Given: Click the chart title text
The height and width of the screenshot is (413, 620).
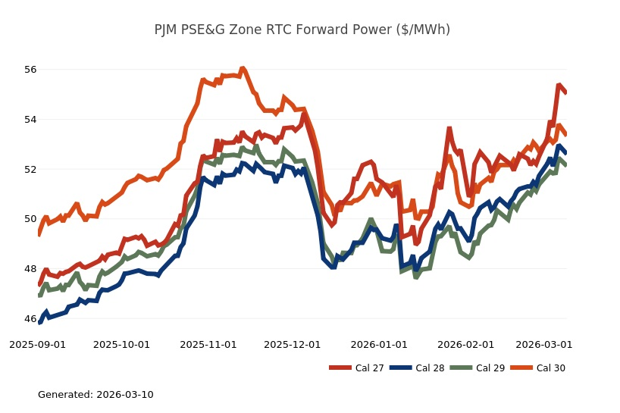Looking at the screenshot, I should click(x=302, y=30).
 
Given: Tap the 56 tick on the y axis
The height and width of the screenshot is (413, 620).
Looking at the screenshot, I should click(x=30, y=70).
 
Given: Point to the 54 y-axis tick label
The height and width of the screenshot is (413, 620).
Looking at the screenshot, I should click(x=30, y=120).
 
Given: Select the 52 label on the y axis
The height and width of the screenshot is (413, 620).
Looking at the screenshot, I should click(x=30, y=169).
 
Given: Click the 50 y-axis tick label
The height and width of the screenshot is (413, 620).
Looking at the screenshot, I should click(x=30, y=219).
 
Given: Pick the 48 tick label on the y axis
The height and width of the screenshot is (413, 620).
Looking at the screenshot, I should click(x=30, y=269).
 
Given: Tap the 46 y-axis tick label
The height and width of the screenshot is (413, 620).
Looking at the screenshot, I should click(x=30, y=319).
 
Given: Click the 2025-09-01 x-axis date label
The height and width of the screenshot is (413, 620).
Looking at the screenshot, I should click(x=37, y=344).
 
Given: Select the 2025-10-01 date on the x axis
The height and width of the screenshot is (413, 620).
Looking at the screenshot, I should click(x=121, y=344).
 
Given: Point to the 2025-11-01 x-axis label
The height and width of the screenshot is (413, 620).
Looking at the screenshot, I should click(x=208, y=344).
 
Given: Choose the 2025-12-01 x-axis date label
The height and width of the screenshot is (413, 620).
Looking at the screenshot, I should click(x=293, y=344).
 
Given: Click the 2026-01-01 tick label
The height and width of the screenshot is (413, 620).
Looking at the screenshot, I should click(x=379, y=344).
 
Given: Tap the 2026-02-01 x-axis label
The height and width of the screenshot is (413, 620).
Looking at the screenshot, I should click(x=465, y=344).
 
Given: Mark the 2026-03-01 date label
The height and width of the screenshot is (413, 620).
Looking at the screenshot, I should click(x=543, y=344).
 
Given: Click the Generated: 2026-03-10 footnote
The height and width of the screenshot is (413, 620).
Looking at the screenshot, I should click(x=96, y=394).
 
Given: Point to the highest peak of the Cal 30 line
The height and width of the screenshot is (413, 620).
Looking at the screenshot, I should click(x=243, y=68).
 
